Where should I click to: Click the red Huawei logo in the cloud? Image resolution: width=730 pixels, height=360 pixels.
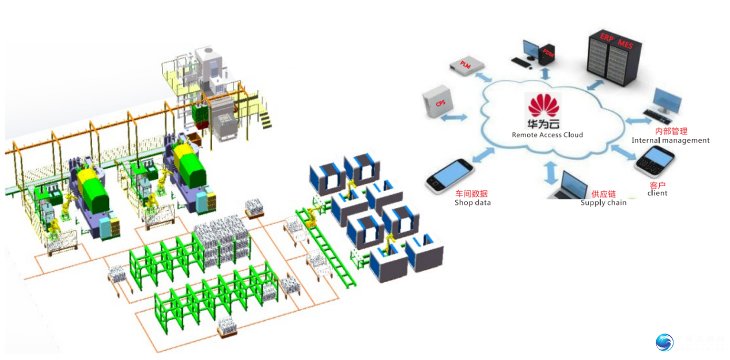[x=544, y=105]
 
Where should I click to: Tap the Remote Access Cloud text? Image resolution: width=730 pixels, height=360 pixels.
[x=547, y=135]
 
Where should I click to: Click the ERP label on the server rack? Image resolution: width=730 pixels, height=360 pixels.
[x=606, y=37]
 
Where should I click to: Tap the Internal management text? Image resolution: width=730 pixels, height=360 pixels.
[x=670, y=140]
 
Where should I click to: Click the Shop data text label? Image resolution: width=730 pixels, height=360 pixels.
[x=472, y=202]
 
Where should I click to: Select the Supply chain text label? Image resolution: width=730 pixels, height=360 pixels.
[x=603, y=203]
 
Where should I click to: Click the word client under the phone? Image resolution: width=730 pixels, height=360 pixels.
[x=657, y=193]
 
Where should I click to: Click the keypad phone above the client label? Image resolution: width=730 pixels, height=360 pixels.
[x=655, y=162]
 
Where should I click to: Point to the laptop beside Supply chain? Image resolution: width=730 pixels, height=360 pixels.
[x=568, y=185]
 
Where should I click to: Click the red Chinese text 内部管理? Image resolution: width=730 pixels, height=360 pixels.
[x=671, y=131]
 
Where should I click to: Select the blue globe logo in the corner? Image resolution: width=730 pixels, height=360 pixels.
[x=664, y=342]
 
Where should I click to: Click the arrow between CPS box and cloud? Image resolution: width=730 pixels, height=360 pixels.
[x=455, y=117]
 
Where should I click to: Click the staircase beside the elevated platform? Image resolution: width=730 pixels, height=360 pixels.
[x=265, y=119]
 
